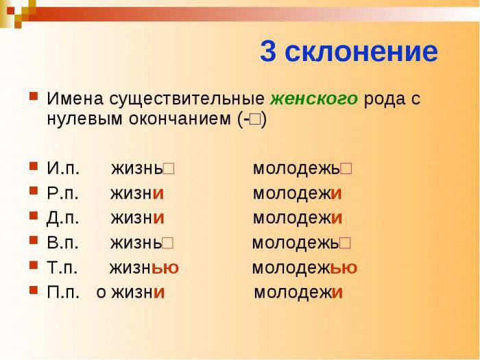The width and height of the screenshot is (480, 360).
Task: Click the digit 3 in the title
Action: point(269,52)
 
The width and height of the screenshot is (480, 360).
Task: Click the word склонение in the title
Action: point(361,52)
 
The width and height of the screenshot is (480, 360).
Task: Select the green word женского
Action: point(314,99)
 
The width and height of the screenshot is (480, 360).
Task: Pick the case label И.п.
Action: point(63,169)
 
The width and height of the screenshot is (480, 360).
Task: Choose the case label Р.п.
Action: point(63,193)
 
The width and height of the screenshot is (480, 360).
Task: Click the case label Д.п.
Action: point(63,218)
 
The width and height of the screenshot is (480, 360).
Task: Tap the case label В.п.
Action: point(63,243)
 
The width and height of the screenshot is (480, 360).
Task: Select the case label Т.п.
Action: point(62,267)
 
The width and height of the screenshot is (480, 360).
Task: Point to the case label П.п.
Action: point(63,292)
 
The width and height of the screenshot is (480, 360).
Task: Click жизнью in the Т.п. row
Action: point(144,267)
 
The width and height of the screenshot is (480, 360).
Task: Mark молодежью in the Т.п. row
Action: point(304,267)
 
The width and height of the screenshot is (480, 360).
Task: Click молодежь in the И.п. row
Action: point(297,169)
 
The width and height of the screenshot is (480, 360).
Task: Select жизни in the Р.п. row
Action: point(137,193)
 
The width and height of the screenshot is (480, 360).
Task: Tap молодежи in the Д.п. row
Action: point(298,218)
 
